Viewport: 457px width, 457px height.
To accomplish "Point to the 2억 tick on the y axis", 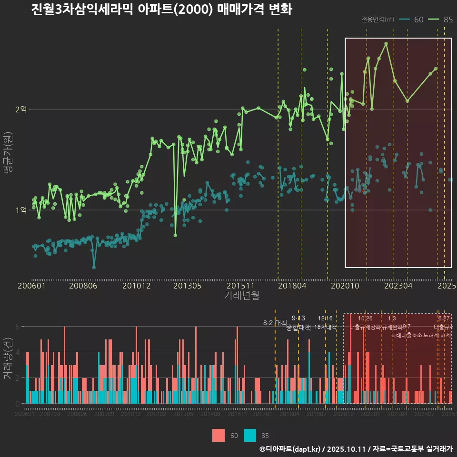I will point(21,109).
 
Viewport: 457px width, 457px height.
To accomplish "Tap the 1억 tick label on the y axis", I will point(21,210).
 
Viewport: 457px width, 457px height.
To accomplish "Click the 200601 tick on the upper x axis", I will point(31,286).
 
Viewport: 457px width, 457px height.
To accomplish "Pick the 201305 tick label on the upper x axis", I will point(187,286).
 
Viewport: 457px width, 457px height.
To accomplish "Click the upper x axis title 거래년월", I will point(241,296).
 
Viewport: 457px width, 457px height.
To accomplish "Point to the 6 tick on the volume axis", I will point(17,327).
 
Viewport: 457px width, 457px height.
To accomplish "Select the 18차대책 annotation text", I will point(326,327).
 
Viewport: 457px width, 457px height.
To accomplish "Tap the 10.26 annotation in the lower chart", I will point(365,318).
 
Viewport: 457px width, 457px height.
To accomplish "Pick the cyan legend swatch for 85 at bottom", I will point(250,435).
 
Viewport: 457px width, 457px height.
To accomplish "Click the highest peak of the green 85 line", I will point(386,43).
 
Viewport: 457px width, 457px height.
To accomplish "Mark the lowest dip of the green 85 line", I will point(176,235).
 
